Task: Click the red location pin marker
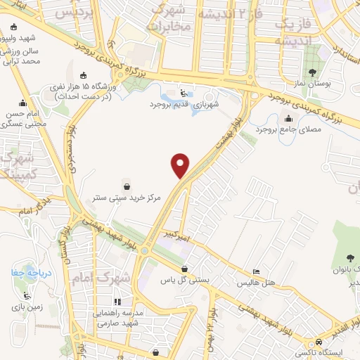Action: click(181, 165)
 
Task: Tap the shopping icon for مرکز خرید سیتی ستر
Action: click(126, 187)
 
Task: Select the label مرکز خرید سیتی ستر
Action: click(122, 198)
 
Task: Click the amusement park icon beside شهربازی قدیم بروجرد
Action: click(184, 93)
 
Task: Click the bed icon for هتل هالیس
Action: click(257, 272)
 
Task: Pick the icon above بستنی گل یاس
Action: click(184, 269)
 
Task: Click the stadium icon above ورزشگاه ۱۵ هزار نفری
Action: click(84, 75)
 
